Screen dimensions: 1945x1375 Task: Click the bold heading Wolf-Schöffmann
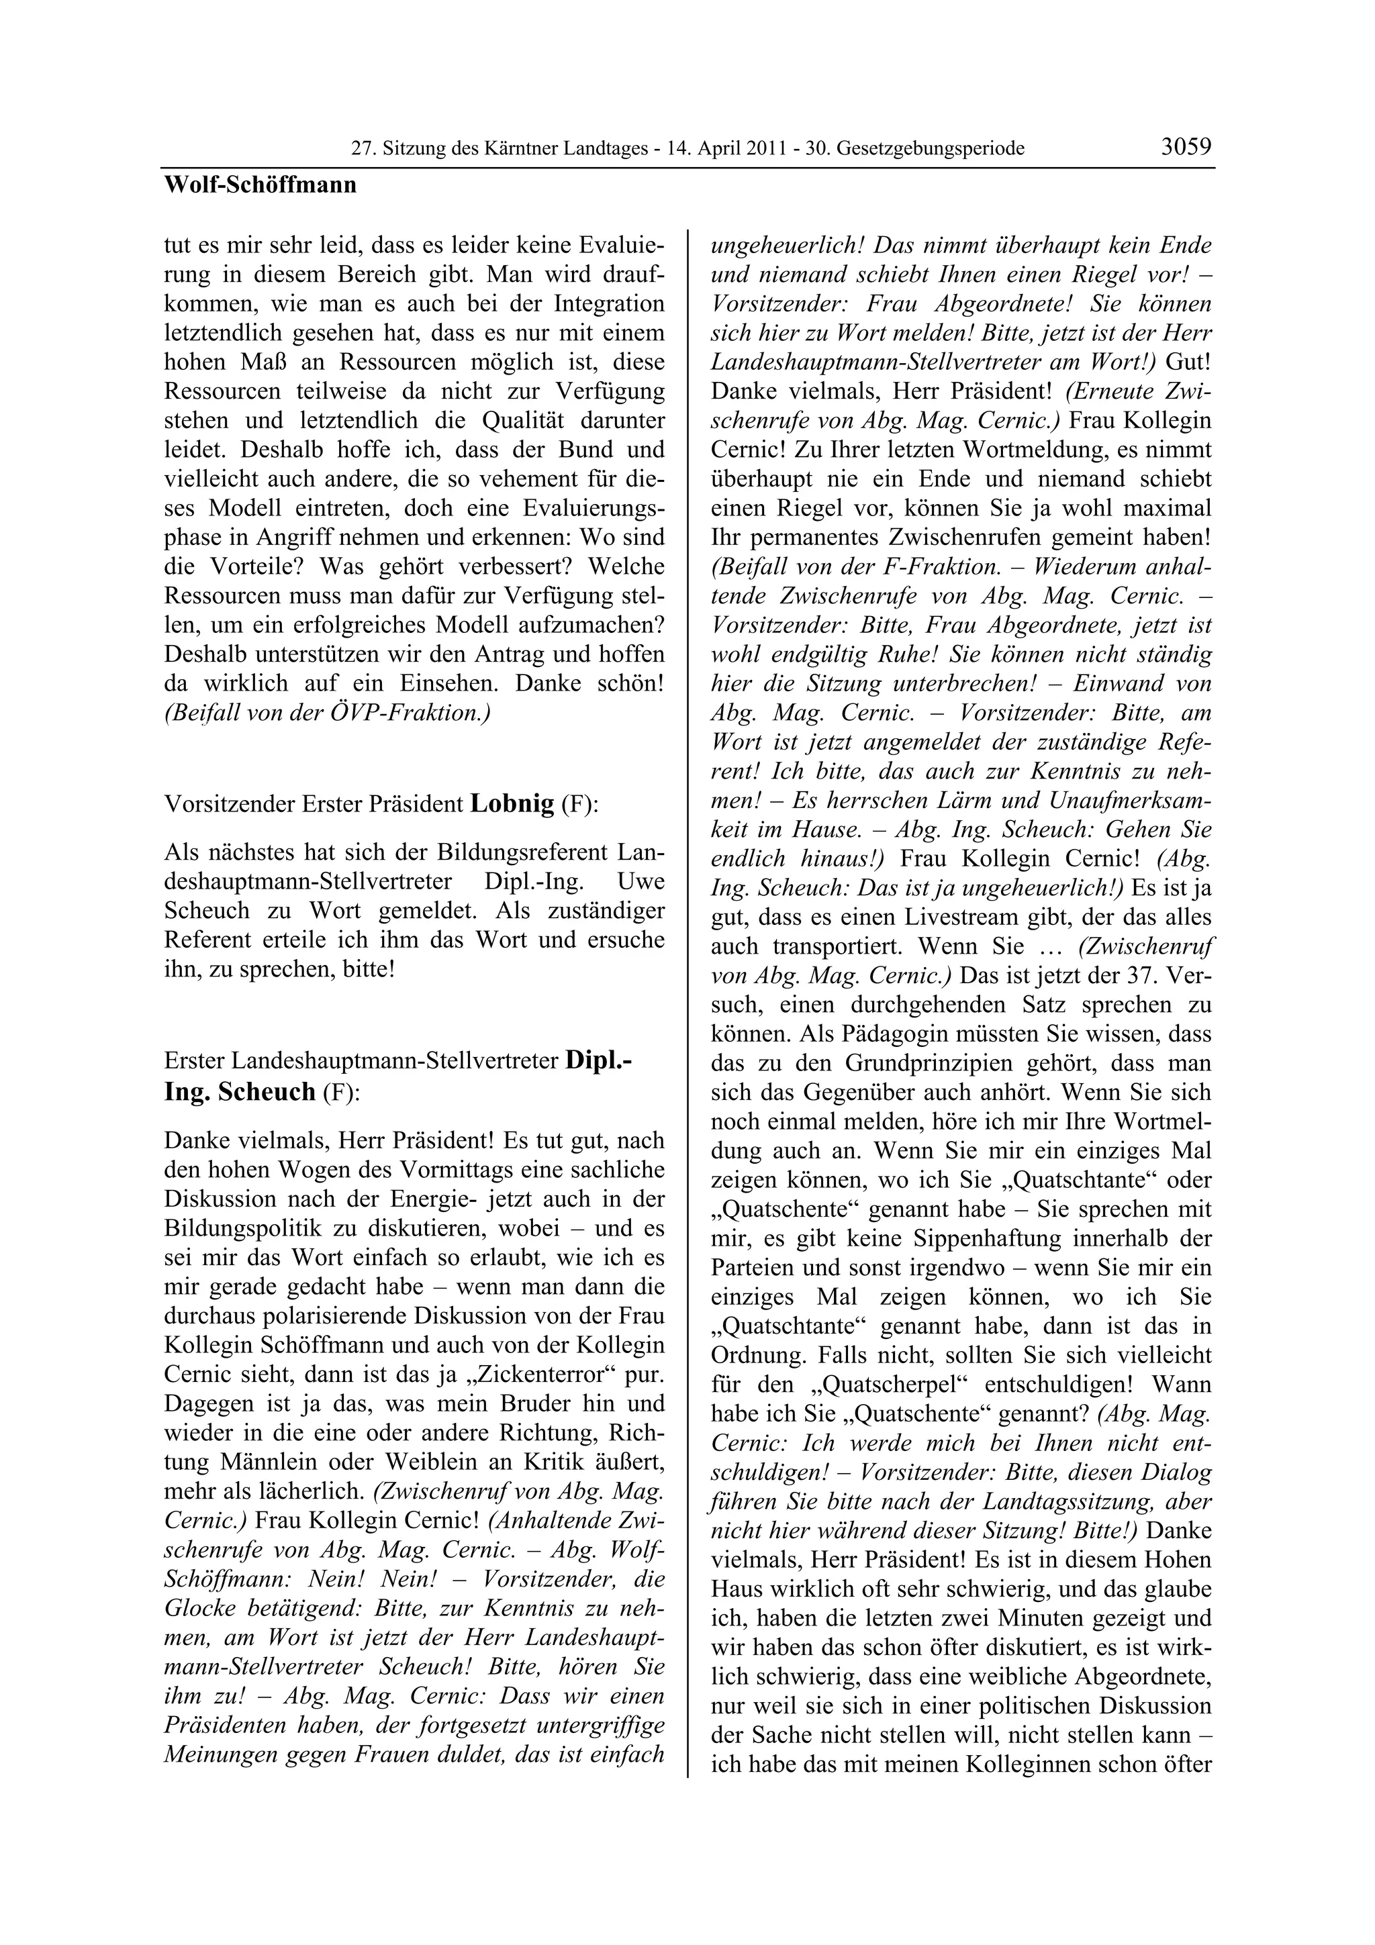tap(260, 185)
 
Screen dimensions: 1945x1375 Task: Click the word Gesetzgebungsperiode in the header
tap(931, 149)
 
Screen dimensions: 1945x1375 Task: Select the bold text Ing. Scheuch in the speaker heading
tap(240, 1093)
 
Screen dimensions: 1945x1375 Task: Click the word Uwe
tap(641, 882)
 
